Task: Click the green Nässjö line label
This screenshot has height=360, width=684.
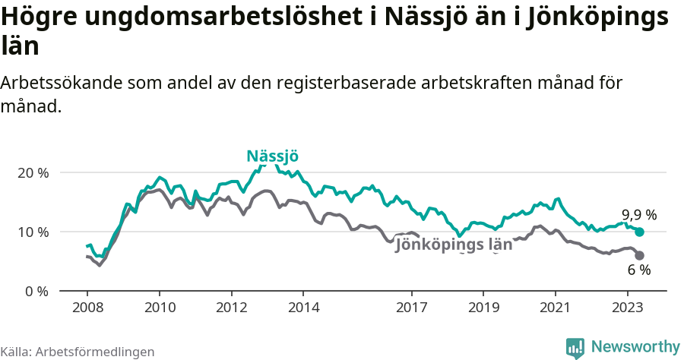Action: click(272, 156)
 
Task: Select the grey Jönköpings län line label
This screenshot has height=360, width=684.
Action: click(454, 245)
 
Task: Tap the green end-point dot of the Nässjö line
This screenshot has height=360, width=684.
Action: click(639, 232)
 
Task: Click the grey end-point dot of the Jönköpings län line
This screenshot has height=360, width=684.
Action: click(639, 255)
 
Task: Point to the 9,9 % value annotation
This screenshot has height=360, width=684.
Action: click(638, 215)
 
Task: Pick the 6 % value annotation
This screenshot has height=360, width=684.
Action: click(639, 270)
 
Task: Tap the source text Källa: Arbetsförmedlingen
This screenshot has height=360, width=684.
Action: click(78, 352)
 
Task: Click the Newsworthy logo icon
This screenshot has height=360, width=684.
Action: click(575, 348)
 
